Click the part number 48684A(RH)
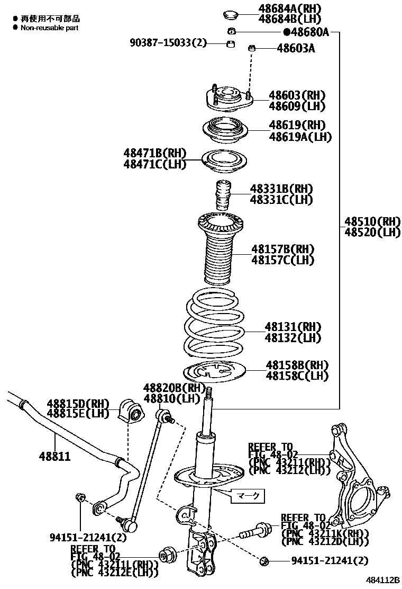tap(290, 8)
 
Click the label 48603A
tap(296, 49)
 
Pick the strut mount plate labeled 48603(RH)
tap(229, 99)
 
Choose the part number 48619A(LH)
tap(300, 137)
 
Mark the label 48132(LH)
tap(293, 338)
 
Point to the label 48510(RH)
tap(373, 221)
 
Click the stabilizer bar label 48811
tap(54, 456)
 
